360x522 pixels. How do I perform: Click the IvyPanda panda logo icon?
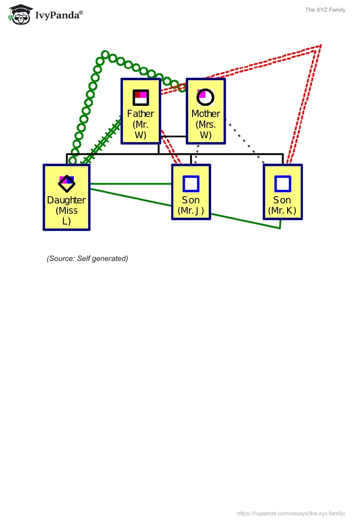[x=21, y=14]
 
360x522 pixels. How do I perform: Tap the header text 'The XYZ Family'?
[x=325, y=10]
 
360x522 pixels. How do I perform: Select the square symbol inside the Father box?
[x=140, y=97]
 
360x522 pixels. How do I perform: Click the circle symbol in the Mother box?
[x=205, y=97]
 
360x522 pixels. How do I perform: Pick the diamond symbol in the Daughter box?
[x=67, y=183]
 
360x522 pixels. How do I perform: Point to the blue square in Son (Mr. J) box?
[x=191, y=184]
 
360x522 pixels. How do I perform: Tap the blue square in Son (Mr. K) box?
[x=283, y=184]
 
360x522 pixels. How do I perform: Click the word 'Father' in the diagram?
[x=140, y=114]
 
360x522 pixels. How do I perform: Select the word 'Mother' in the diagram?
[x=206, y=114]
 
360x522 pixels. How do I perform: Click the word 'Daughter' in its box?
[x=66, y=200]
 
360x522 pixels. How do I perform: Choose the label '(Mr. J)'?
[x=191, y=211]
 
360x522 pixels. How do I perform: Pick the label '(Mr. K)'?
[x=282, y=211]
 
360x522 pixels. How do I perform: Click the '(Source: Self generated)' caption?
[x=87, y=258]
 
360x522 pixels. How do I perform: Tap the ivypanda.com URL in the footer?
[x=291, y=513]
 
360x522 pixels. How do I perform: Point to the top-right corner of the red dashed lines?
[x=320, y=45]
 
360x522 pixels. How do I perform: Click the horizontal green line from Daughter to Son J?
[x=130, y=184]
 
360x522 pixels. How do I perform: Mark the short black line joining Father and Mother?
[x=173, y=136]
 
